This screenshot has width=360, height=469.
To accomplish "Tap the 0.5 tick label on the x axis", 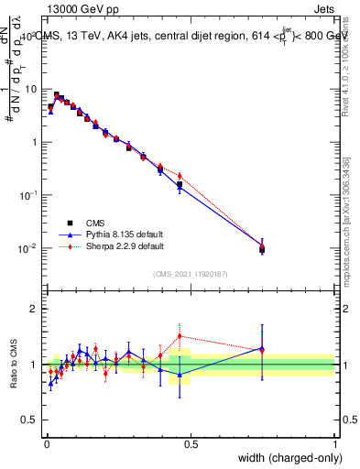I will (x=191, y=444).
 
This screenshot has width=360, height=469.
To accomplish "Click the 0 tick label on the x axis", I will (x=46, y=444).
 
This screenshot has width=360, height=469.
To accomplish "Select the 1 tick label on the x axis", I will (x=335, y=444).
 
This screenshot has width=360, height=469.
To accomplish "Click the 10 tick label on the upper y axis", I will (x=32, y=89).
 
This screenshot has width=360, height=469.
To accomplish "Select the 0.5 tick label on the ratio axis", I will (x=31, y=420).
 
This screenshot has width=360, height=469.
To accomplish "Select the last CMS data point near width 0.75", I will (x=262, y=248).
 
